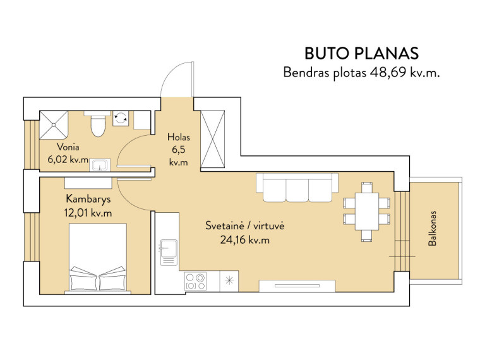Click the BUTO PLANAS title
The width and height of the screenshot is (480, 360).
point(361,54)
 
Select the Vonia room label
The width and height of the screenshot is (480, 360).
point(68,147)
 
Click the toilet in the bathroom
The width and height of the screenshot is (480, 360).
point(98,124)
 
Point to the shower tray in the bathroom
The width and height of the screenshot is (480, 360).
point(54,125)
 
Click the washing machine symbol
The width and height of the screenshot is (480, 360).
point(121,118)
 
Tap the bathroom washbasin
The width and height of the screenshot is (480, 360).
point(100,165)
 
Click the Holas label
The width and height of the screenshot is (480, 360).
point(179,137)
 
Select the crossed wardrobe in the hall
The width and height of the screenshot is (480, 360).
point(212,140)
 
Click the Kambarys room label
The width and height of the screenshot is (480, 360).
point(88,200)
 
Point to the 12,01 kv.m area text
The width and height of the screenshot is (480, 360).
point(88,213)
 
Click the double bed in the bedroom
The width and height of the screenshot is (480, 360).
point(98,259)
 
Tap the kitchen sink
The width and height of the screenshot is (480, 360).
point(169,252)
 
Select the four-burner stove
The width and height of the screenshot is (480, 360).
point(195,281)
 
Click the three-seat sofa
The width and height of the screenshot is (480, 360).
point(297,188)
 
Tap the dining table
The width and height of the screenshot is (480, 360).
point(367,211)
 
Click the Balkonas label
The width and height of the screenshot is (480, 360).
point(432,229)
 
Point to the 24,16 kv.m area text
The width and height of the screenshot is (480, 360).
point(245,240)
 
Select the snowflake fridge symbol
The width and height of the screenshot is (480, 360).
point(229,280)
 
